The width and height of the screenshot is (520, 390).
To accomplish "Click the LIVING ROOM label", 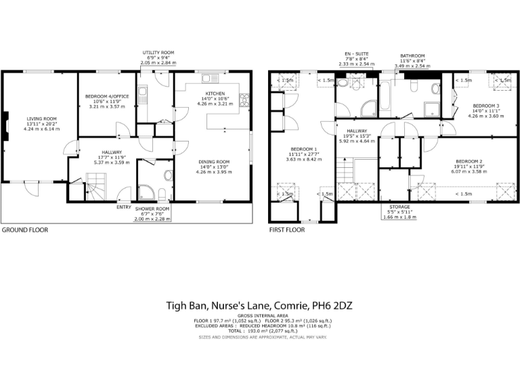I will [41, 118].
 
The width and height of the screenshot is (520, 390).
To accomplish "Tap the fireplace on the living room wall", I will [5, 126].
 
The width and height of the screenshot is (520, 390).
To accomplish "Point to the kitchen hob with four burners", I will [244, 99].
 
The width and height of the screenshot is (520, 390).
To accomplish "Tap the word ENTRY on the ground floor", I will [124, 207].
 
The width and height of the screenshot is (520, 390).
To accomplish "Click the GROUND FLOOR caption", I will [24, 230].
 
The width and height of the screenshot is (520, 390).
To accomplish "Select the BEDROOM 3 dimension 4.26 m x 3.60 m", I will [486, 116].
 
